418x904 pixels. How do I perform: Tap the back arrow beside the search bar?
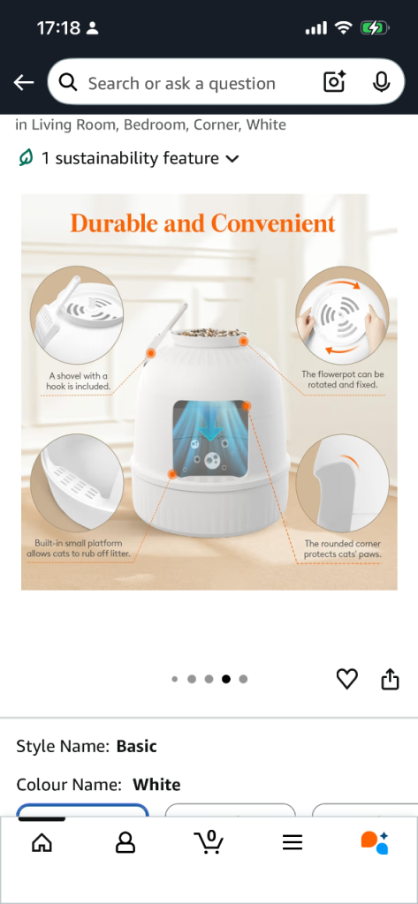tap(24, 83)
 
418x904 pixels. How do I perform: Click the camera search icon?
tap(334, 82)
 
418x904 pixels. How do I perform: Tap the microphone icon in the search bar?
tap(381, 82)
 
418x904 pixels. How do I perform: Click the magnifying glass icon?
tap(68, 83)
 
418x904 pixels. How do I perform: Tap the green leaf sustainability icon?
tap(26, 157)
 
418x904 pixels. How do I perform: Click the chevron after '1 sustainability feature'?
tap(232, 159)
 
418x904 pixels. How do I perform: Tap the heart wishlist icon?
tap(347, 679)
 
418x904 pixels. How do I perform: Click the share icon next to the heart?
tap(391, 679)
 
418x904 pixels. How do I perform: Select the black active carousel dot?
tap(226, 679)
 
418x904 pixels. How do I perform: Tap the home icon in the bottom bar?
tap(42, 843)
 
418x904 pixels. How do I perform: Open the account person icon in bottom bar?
tap(125, 843)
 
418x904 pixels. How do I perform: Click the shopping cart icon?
tap(209, 842)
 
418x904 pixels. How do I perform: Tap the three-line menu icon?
tap(293, 843)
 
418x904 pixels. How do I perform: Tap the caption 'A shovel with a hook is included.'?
tap(78, 381)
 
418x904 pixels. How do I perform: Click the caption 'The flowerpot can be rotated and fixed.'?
tap(342, 380)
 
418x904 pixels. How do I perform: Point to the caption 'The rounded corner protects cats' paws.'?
tap(342, 549)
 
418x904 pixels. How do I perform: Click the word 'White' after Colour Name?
tap(156, 785)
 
